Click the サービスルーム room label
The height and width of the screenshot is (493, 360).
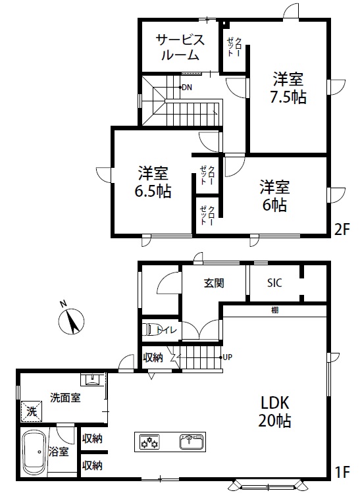(180, 47)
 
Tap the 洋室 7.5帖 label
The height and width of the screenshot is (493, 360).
(288, 88)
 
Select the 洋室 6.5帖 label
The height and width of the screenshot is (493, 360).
(153, 182)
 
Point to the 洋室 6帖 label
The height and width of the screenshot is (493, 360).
(275, 195)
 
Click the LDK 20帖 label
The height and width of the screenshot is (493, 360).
(274, 412)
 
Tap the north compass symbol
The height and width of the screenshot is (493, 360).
(71, 319)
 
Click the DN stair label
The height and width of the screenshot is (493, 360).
(187, 88)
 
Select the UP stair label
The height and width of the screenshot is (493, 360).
(227, 357)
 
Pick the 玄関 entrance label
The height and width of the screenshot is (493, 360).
(214, 283)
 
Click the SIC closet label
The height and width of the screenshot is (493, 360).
(274, 283)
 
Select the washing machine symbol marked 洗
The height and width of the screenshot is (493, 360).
(32, 411)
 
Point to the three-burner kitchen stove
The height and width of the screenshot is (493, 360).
(149, 442)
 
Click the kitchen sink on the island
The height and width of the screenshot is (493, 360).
(192, 442)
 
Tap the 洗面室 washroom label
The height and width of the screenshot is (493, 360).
(65, 398)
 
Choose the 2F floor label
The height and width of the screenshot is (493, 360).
(342, 230)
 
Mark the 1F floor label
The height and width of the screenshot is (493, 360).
(342, 472)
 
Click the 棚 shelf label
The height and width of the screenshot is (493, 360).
(274, 310)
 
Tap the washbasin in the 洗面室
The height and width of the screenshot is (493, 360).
(93, 379)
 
